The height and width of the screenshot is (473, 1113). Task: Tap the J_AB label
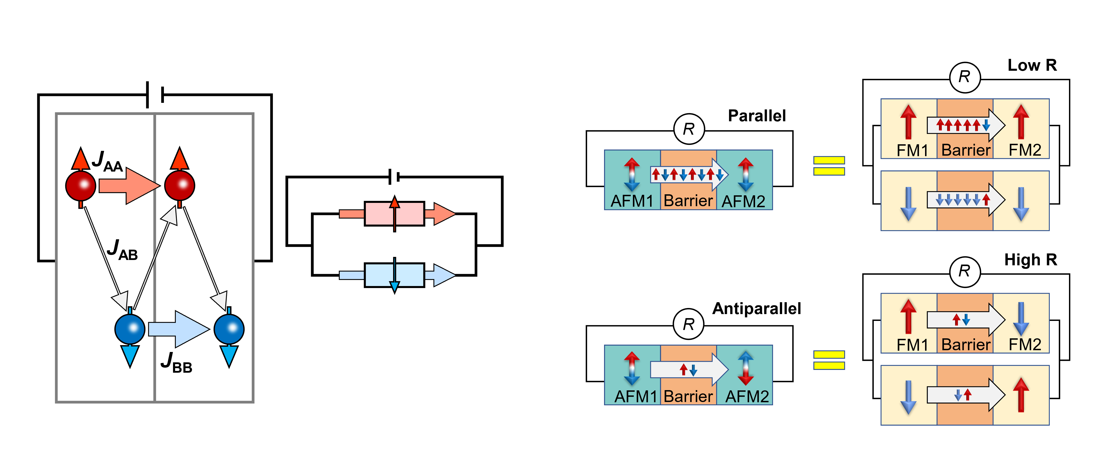coord(122,250)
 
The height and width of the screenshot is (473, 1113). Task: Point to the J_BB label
coord(176,363)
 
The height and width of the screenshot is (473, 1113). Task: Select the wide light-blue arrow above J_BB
coord(178,329)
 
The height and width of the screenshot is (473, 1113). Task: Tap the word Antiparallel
coord(757,309)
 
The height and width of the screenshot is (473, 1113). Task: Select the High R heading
coord(1031,260)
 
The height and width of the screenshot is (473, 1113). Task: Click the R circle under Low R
coord(965,78)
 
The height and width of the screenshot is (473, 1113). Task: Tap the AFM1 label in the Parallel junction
coord(632,201)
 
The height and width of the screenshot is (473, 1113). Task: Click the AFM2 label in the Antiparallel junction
coord(747,396)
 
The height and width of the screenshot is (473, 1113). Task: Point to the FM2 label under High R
coord(1025,344)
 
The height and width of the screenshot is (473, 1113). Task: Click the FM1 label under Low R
coord(912,150)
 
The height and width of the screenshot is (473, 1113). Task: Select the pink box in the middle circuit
coord(394,214)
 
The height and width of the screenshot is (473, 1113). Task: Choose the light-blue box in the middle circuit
coord(394,275)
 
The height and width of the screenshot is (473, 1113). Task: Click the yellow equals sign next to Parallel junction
coord(829,166)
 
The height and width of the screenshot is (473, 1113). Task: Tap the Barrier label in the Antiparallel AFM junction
coord(688,396)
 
